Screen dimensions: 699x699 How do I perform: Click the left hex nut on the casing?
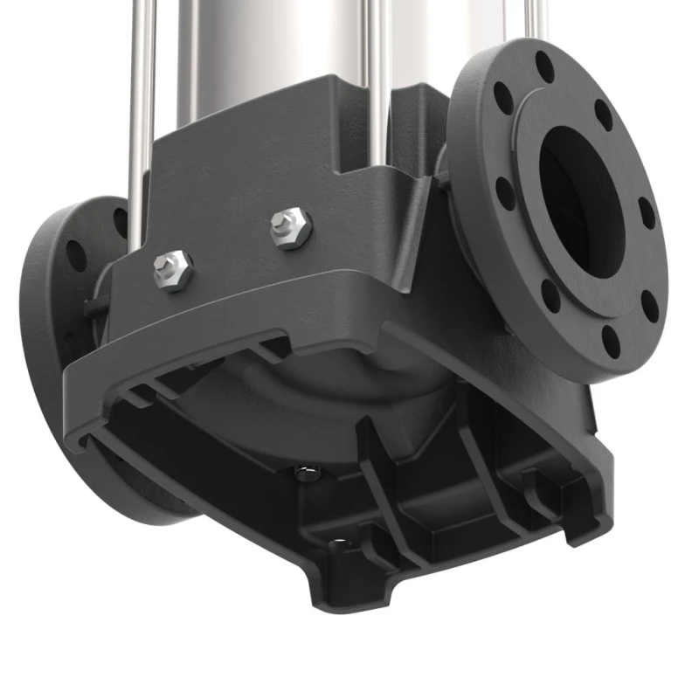tap(173, 268)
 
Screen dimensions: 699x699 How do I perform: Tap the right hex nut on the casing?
tap(291, 227)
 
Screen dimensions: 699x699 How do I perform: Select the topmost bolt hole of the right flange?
tap(544, 66)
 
